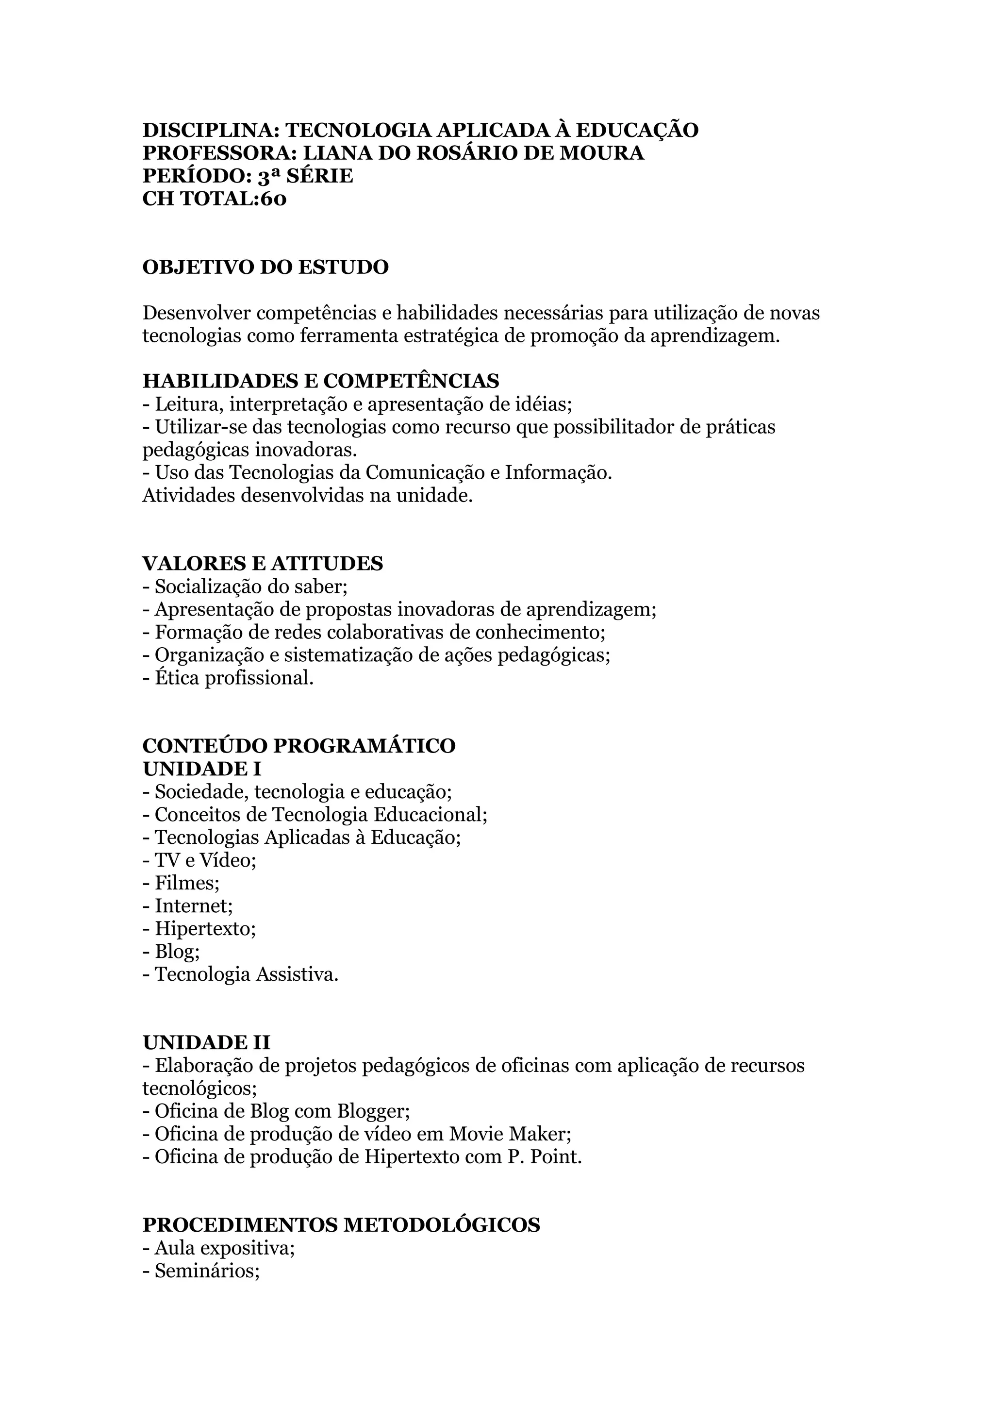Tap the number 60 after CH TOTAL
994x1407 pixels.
(274, 199)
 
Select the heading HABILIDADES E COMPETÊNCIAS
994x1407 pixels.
(320, 381)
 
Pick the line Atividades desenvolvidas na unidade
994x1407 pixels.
(307, 496)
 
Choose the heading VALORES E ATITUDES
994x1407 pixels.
(262, 564)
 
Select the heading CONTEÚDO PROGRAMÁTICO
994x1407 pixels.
(299, 746)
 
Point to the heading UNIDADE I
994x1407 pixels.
(201, 769)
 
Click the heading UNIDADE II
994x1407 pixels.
(206, 1043)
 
